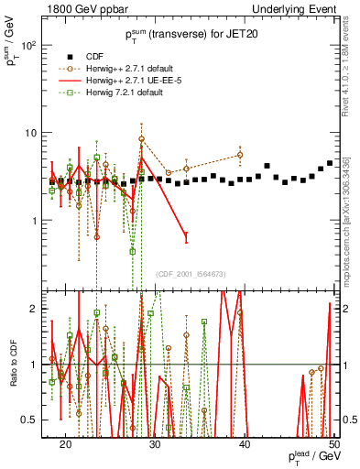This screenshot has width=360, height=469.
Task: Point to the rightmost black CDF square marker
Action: [330, 163]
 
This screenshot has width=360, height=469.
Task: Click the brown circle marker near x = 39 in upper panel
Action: [240, 155]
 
